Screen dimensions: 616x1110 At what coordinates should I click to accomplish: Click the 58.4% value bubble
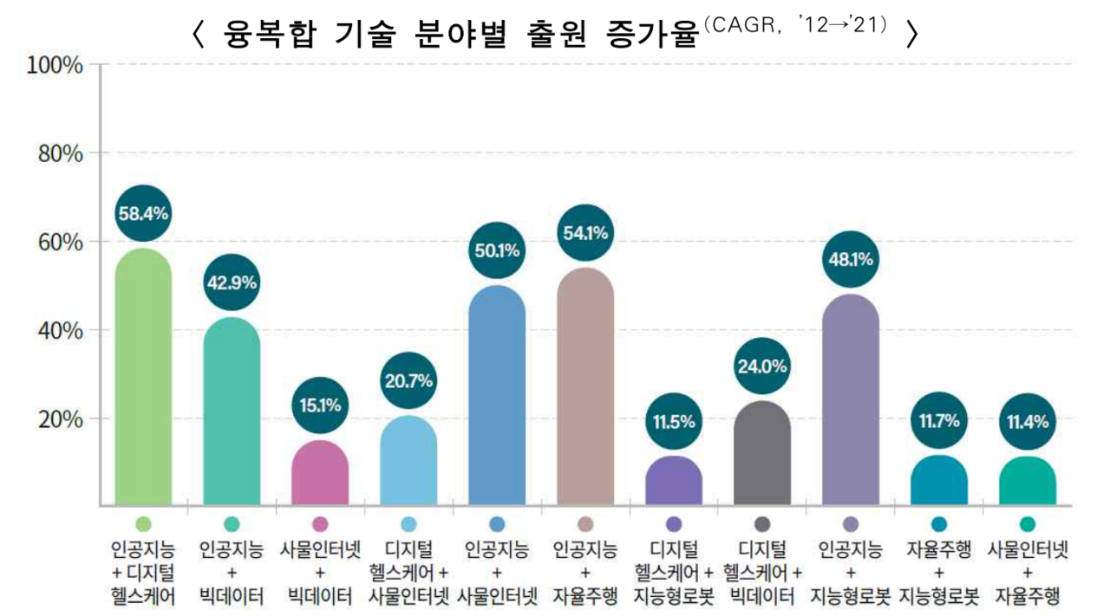(143, 212)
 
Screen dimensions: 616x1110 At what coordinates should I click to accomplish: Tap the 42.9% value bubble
(232, 282)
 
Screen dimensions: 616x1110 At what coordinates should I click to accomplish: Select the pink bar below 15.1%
(320, 474)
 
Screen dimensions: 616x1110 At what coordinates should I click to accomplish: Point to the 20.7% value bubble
(408, 380)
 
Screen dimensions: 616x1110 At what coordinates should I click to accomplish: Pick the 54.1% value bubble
(585, 232)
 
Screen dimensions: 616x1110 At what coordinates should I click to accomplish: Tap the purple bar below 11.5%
(674, 482)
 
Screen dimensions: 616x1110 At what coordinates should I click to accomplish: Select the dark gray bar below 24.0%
(762, 454)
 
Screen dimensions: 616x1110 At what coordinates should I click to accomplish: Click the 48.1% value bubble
(851, 259)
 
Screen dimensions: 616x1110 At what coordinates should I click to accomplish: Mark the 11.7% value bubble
(939, 422)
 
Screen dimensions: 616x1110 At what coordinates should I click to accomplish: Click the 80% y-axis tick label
(60, 154)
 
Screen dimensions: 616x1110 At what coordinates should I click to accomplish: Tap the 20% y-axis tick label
(60, 419)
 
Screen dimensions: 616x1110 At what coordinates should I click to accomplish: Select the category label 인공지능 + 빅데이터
(232, 573)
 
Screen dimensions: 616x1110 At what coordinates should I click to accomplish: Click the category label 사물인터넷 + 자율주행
(1028, 573)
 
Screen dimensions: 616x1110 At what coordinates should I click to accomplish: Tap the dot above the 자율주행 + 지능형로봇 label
(939, 524)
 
